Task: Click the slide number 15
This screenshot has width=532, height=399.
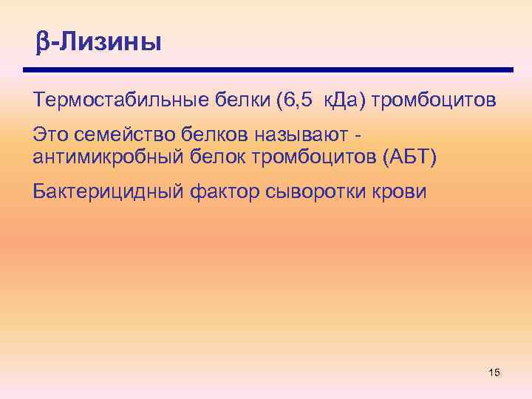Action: (x=494, y=372)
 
